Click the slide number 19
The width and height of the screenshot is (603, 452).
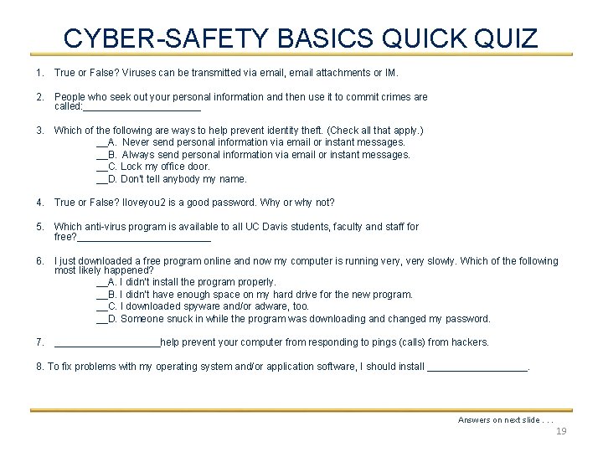(561, 431)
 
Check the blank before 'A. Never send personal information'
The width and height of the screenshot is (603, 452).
(102, 143)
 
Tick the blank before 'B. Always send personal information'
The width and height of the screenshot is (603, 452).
(102, 155)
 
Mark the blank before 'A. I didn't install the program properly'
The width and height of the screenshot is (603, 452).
(102, 283)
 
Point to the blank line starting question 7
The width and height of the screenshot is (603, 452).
(106, 343)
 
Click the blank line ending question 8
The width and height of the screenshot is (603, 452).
(477, 367)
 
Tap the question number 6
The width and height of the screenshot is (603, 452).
(40, 262)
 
